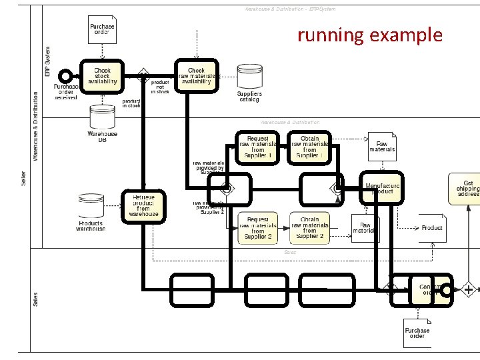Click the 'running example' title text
point(369,35)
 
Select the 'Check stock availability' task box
point(102,77)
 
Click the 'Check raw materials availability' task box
point(197,77)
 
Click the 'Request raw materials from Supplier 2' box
point(258,228)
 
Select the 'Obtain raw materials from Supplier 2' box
point(310,228)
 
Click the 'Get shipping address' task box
point(468,187)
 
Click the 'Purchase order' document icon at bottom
point(417,333)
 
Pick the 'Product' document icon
point(430,227)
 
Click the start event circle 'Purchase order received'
point(66,76)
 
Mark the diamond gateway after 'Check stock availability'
point(141,75)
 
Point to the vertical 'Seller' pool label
point(23,176)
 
